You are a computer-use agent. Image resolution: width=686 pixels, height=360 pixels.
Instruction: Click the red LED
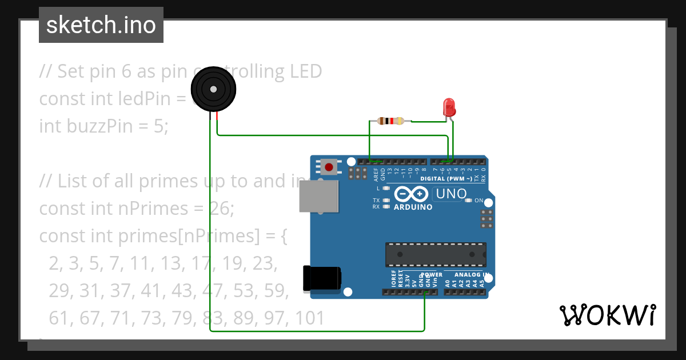pyautogui.click(x=449, y=107)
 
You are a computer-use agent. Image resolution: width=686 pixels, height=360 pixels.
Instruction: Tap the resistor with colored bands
pyautogui.click(x=390, y=121)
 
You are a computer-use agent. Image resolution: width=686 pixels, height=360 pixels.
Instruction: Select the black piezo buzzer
pyautogui.click(x=213, y=89)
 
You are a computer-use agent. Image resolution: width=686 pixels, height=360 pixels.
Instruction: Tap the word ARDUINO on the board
pyautogui.click(x=413, y=207)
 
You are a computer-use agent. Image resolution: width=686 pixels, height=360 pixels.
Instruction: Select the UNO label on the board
pyautogui.click(x=451, y=194)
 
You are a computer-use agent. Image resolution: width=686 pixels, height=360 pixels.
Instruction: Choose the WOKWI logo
pyautogui.click(x=607, y=315)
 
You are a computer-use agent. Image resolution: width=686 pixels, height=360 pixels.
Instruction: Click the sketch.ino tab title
pyautogui.click(x=101, y=25)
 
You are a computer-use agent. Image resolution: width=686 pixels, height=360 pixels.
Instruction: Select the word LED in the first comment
pyautogui.click(x=306, y=71)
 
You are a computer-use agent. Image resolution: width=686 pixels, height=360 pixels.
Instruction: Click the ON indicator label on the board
pyautogui.click(x=479, y=201)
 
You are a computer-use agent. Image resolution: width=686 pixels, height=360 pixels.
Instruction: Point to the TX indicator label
pyautogui.click(x=376, y=201)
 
